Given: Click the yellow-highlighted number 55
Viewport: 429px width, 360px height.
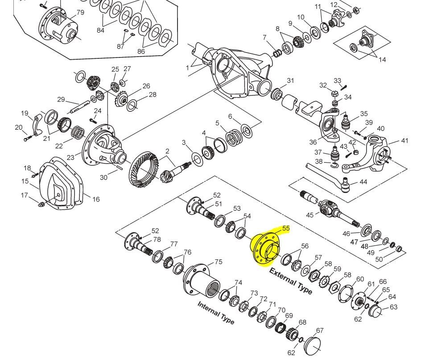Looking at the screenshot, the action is [286, 228].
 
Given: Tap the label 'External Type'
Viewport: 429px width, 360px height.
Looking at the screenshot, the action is [291, 281].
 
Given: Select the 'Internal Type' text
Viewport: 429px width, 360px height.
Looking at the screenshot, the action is [216, 313].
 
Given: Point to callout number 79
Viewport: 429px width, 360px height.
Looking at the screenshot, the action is [80, 12].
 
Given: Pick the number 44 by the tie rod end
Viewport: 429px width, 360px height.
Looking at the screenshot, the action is [363, 182].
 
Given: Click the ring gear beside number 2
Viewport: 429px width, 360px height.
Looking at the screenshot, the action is [144, 170].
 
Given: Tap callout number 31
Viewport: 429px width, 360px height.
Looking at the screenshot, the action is [290, 81].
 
